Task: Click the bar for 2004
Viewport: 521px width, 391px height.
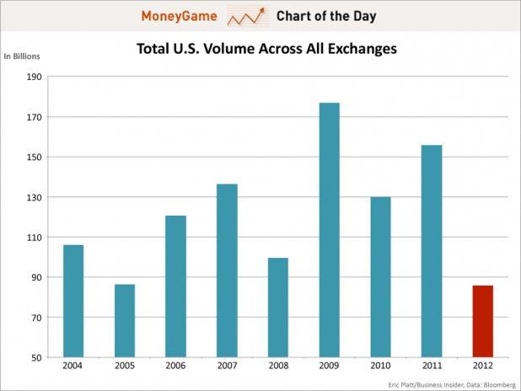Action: coord(73,301)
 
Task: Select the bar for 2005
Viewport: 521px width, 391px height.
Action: coord(125,320)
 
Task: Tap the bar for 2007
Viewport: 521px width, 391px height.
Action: coord(227,270)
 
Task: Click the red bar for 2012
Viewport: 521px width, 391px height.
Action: coord(482,321)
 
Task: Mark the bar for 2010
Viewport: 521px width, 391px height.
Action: coord(380,277)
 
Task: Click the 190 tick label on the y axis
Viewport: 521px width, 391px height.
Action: coord(34,77)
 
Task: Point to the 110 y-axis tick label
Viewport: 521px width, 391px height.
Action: coord(34,238)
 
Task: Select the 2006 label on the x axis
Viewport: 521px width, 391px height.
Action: coord(175,367)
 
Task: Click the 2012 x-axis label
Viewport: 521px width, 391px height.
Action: coord(482,367)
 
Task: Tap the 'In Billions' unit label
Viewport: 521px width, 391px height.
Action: coord(22,56)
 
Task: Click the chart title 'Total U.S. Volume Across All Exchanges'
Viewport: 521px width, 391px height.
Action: coord(266,49)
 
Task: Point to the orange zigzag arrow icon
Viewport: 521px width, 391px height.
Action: coord(246,16)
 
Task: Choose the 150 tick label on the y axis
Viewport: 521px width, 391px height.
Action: coord(34,158)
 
